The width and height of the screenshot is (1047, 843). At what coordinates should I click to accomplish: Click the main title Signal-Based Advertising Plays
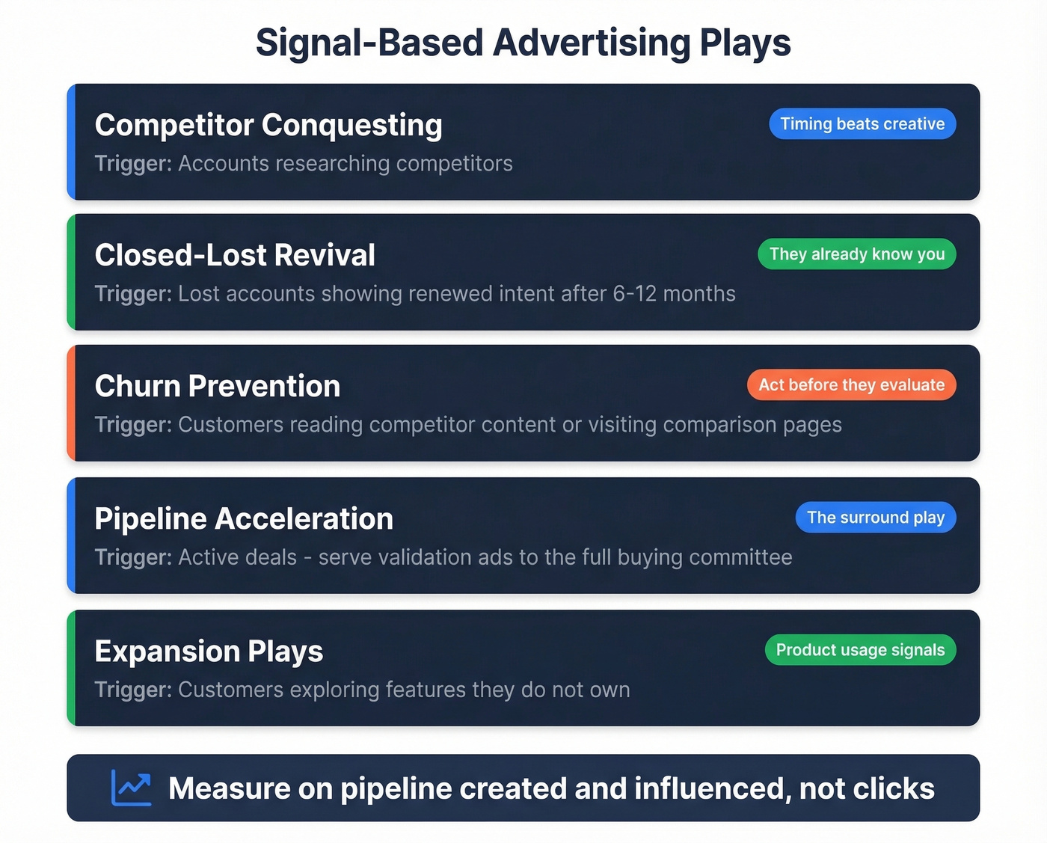click(x=523, y=43)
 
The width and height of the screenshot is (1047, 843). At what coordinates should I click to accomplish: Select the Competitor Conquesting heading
click(x=268, y=125)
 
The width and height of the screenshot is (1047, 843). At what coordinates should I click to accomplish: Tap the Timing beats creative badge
click(x=862, y=124)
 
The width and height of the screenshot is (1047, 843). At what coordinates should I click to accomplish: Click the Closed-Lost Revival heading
click(x=235, y=255)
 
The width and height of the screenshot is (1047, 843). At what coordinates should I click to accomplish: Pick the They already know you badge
click(x=857, y=254)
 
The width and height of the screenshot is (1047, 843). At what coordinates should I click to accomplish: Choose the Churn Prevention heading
click(x=218, y=386)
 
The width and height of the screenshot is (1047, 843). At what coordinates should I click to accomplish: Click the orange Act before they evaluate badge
click(x=851, y=385)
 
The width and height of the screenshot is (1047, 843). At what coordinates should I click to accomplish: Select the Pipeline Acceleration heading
click(x=244, y=518)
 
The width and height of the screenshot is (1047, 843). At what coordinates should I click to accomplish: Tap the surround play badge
click(x=876, y=518)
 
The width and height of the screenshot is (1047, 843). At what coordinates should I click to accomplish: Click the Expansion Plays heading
click(x=209, y=652)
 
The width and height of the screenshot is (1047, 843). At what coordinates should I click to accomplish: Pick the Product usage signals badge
click(x=860, y=650)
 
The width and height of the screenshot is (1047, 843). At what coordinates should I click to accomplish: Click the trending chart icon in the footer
click(x=131, y=788)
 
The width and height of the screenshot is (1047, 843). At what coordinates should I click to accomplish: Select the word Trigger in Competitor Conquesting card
click(x=133, y=164)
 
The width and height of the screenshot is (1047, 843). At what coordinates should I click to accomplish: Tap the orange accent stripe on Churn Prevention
click(x=71, y=403)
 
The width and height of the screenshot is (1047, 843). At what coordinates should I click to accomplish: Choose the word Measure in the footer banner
click(x=229, y=789)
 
